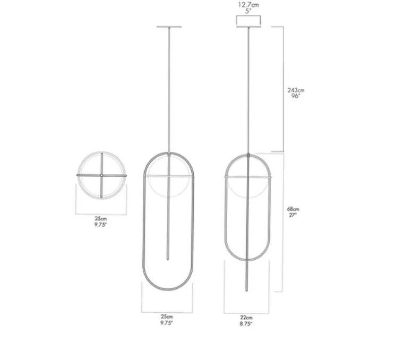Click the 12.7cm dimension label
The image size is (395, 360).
tap(248, 4)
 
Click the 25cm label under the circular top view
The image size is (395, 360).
tap(100, 218)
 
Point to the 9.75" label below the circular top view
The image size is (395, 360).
tap(100, 224)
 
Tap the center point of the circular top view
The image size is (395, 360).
tap(100, 175)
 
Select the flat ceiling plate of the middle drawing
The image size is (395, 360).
tap(169, 27)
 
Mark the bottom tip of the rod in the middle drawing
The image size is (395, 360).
tap(169, 259)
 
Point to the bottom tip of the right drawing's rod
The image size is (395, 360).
tap(247, 290)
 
